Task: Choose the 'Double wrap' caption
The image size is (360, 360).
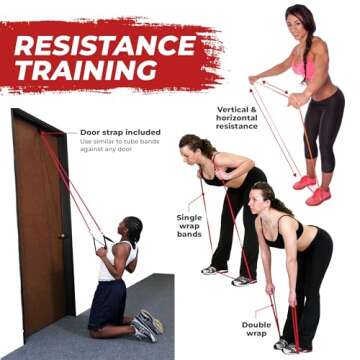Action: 256,329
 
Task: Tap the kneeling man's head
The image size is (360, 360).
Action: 132,229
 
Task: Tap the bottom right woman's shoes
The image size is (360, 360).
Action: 288,345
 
